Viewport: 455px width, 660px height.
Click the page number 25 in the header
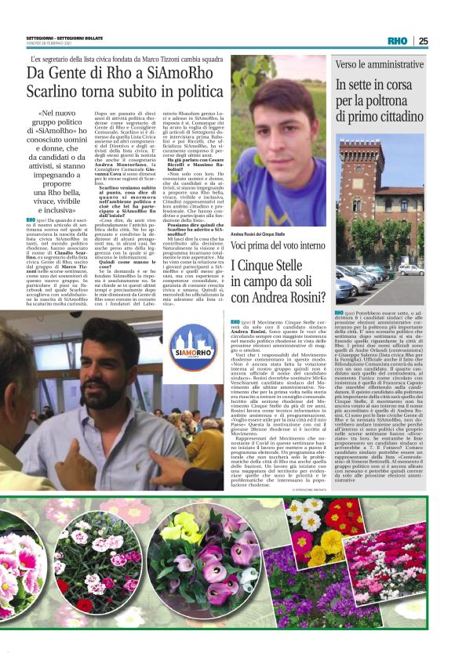(x=445, y=42)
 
